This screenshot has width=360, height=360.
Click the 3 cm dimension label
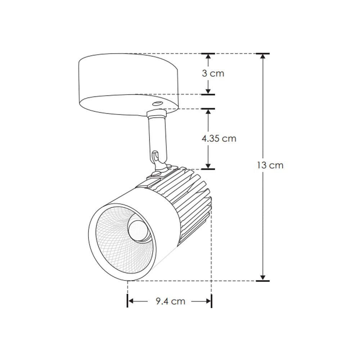pos(213,73)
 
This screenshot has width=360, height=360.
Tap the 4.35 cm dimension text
pos(219,138)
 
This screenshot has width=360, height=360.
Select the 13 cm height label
pos(270,165)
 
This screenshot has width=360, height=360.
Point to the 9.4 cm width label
pos(171,301)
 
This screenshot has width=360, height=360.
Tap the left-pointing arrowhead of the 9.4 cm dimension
pos(131,301)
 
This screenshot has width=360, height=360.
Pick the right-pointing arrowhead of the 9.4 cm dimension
pos(208,301)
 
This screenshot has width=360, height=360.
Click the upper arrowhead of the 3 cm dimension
pos(208,58)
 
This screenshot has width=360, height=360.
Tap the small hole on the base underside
pos(157,103)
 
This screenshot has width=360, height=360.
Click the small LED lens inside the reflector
pos(138,230)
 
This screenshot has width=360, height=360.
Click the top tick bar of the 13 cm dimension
pos(263,54)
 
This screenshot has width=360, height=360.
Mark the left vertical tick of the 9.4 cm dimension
pos(127,301)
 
